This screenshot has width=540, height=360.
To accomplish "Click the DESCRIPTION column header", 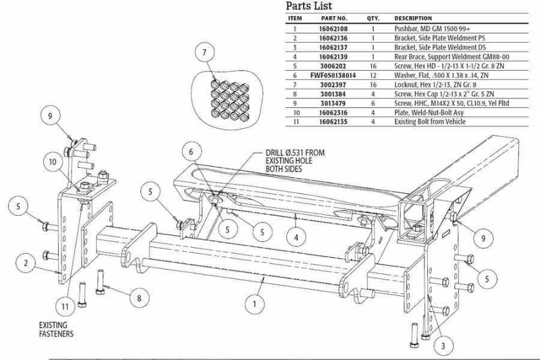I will (x=413, y=19).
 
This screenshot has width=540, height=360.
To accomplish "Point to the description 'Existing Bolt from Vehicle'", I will (x=430, y=122).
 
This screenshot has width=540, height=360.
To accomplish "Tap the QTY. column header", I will (x=373, y=19).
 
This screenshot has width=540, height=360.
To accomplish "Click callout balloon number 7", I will (x=205, y=52).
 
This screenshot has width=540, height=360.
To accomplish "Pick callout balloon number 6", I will (x=191, y=152).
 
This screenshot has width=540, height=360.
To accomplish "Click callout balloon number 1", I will (x=255, y=304).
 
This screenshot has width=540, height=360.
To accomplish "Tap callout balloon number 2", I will (x=26, y=262).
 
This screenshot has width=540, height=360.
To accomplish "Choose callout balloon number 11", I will (x=66, y=306).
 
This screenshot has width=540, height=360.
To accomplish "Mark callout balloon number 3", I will (x=443, y=346).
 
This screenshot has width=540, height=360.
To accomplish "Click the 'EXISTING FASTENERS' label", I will (x=56, y=329).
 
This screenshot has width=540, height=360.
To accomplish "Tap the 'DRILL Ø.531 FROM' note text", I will (x=295, y=153).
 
